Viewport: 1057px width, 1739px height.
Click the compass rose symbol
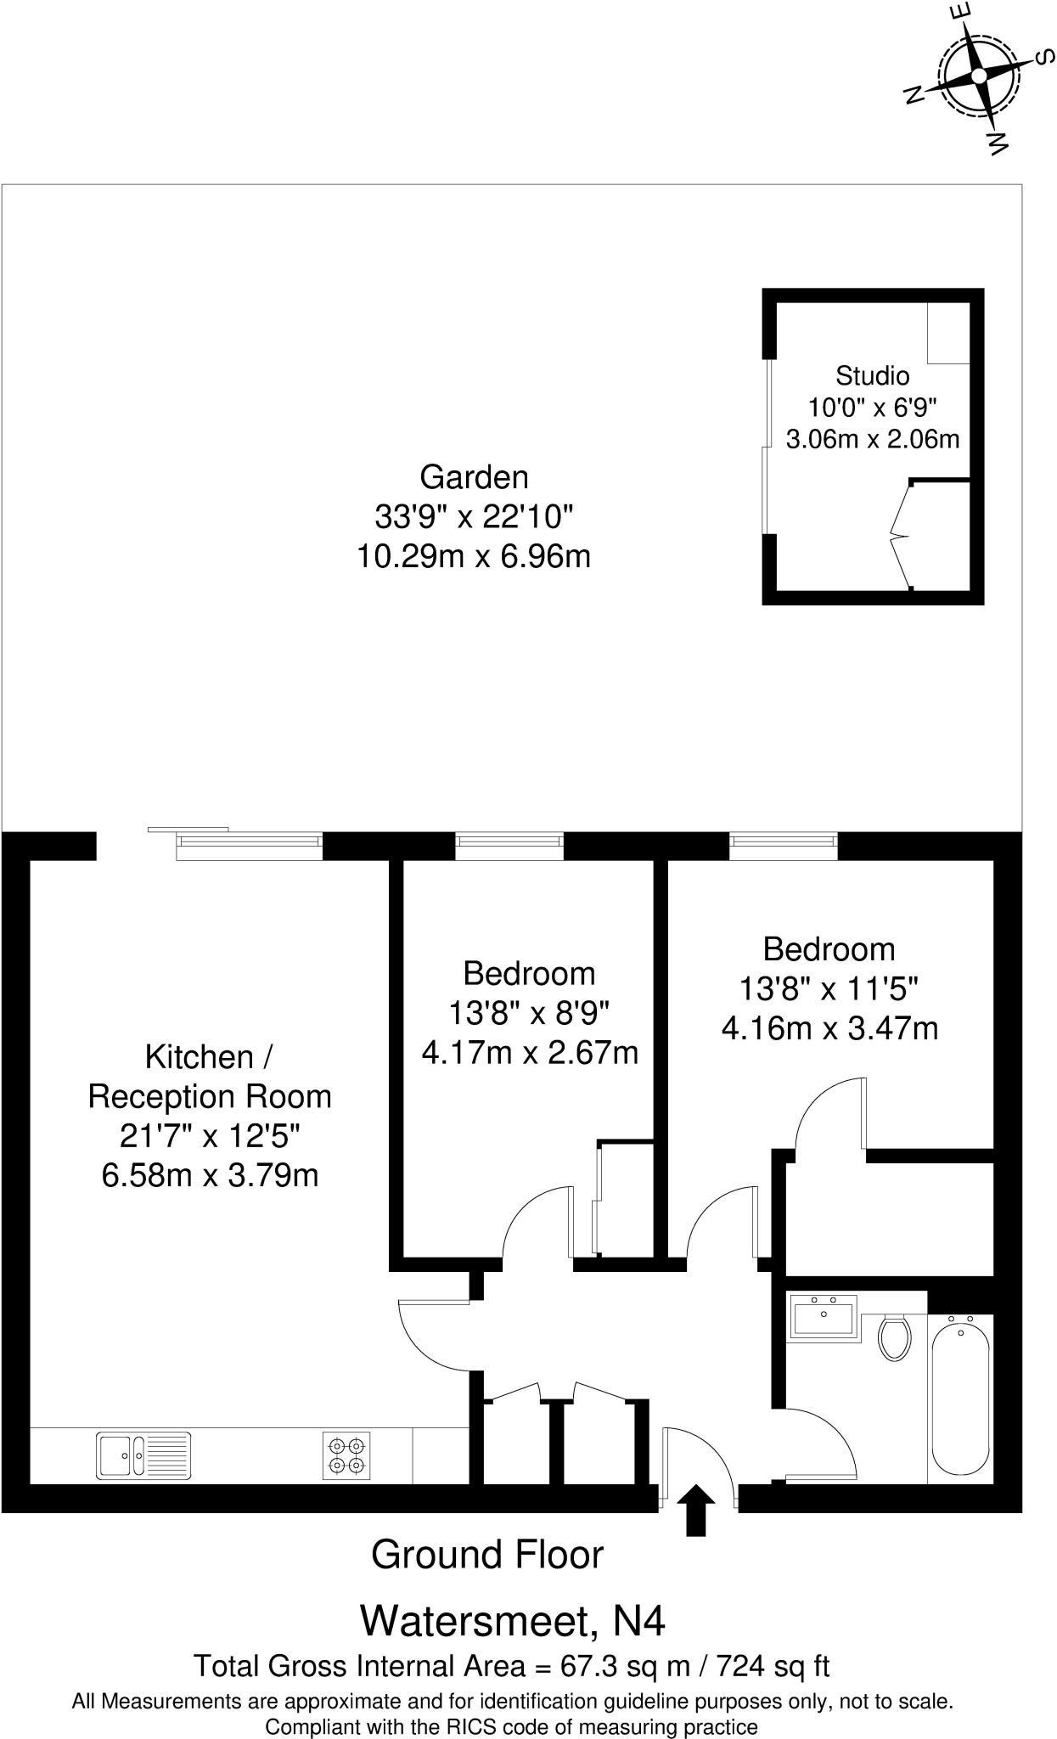pyautogui.click(x=978, y=77)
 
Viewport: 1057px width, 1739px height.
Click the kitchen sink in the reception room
pyautogui.click(x=143, y=1455)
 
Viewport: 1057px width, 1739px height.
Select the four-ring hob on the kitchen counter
pyautogui.click(x=346, y=1455)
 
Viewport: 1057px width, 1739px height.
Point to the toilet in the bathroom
pyautogui.click(x=894, y=1337)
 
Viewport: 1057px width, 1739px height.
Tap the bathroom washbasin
pyautogui.click(x=823, y=1317)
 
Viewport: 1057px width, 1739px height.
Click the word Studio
pyautogui.click(x=872, y=375)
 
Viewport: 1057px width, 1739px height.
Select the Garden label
pyautogui.click(x=474, y=477)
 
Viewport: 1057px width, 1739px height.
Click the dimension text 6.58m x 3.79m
pyautogui.click(x=210, y=1176)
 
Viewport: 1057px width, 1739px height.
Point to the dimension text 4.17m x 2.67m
pyautogui.click(x=530, y=1053)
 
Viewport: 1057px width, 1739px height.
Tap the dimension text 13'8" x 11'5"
pyautogui.click(x=829, y=989)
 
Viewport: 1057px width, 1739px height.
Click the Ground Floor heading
pyautogui.click(x=486, y=1555)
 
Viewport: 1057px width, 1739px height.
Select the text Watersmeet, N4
pyautogui.click(x=513, y=1620)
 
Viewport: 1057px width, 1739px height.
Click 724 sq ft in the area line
pyautogui.click(x=773, y=1666)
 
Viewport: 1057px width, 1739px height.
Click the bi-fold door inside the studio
pyautogui.click(x=900, y=535)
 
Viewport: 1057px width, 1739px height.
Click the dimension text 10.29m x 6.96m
pyautogui.click(x=474, y=557)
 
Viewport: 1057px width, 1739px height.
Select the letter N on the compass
pyautogui.click(x=914, y=94)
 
